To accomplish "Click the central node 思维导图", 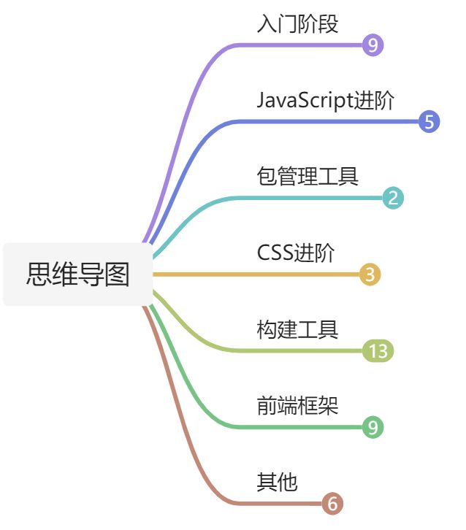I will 78,274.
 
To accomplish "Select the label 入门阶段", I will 297,24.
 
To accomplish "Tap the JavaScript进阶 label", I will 326,101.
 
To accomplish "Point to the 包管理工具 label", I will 308,176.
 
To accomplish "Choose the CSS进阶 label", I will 296,253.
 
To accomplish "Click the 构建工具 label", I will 297,329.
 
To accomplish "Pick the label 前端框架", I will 297,405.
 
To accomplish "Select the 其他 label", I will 277,482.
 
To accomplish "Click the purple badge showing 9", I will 373,45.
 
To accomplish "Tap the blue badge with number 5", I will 429,122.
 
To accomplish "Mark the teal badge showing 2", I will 393,198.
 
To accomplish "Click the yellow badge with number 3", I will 370,274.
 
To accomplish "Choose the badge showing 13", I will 378,351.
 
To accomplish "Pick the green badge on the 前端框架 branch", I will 373,427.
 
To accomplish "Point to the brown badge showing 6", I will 332,504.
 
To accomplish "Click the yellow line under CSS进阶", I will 292,274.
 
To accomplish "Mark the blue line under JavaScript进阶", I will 329,122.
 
